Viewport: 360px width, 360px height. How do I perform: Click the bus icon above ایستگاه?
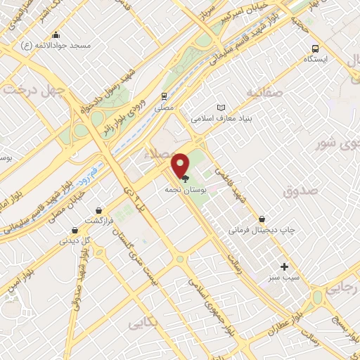(x=316, y=49)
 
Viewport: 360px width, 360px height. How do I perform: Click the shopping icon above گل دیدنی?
(x=75, y=229)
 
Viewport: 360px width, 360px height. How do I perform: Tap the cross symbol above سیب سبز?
(x=284, y=266)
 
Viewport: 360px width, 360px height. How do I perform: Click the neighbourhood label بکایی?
(x=143, y=323)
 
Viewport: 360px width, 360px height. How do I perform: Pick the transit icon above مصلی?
(x=163, y=96)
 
